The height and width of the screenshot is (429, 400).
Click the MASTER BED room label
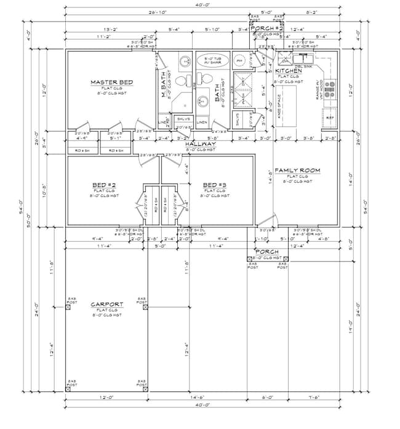111,82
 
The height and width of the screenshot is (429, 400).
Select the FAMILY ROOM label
297,170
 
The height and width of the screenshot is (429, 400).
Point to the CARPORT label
106,304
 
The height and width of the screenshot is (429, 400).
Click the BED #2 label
100,185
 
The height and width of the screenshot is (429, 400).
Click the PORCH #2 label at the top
266,28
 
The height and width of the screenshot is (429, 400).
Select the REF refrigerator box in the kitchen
330,117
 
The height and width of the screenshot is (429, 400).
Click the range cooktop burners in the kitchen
329,92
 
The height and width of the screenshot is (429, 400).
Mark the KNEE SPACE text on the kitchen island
279,105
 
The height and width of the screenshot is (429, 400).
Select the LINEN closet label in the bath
202,122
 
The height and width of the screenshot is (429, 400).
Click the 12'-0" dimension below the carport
106,399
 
